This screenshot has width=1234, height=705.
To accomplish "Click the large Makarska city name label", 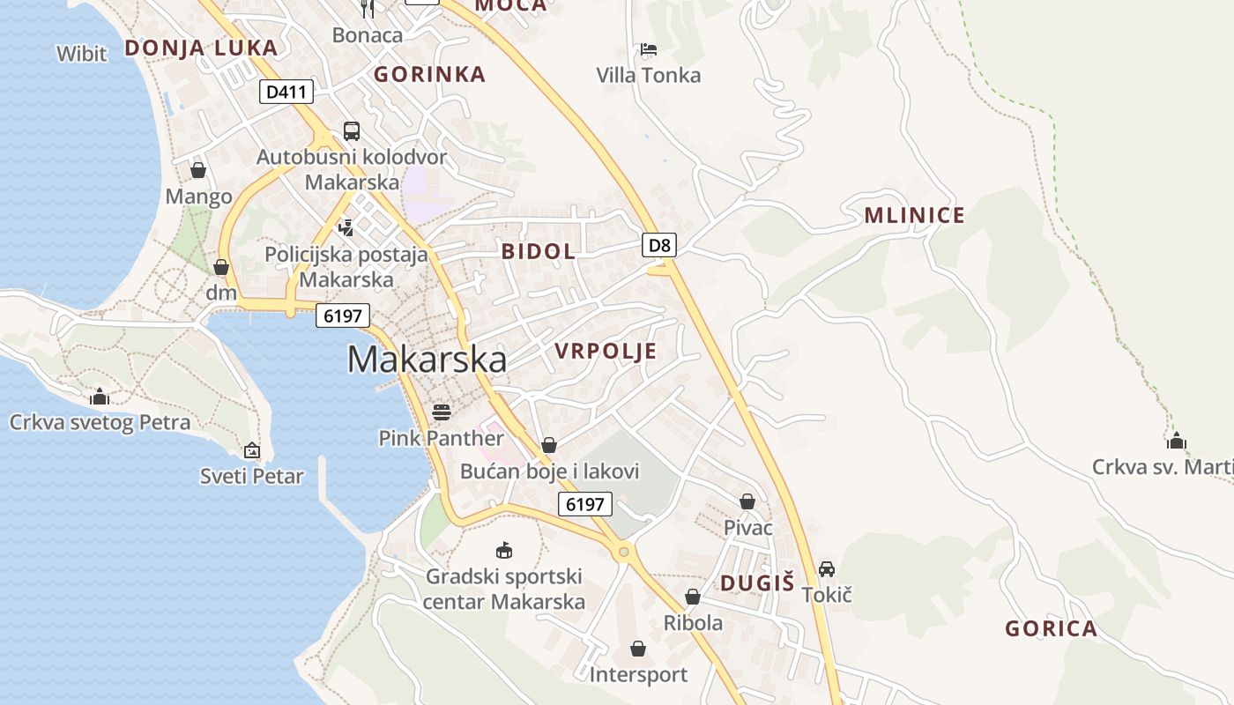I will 427,360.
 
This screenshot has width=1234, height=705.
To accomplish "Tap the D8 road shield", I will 659,245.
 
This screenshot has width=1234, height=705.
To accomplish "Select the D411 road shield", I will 286,91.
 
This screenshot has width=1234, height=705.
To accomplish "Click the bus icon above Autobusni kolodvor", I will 352,131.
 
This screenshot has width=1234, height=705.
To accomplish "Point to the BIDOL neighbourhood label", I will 538,251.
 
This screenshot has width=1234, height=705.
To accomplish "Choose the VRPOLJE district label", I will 606,351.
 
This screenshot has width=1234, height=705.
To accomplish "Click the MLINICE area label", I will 914,215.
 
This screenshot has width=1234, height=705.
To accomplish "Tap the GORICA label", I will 1051,628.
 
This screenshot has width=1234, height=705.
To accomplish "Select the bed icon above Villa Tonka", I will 649,49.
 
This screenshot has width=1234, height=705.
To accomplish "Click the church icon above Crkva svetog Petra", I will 100,397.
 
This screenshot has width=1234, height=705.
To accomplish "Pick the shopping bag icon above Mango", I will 198,169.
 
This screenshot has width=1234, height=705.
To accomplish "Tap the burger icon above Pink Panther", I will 442,412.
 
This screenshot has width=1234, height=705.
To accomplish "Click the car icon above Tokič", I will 827,569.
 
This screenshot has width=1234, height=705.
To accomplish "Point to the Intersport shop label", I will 638,675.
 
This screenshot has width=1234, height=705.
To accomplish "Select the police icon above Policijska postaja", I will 346,227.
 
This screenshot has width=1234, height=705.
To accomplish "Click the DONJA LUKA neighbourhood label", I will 201,48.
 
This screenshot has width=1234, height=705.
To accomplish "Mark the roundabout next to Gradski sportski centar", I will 624,553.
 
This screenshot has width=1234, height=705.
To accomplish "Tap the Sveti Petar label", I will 252,477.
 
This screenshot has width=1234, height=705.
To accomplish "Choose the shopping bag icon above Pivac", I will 747,501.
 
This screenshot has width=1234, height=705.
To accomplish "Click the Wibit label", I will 82,54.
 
